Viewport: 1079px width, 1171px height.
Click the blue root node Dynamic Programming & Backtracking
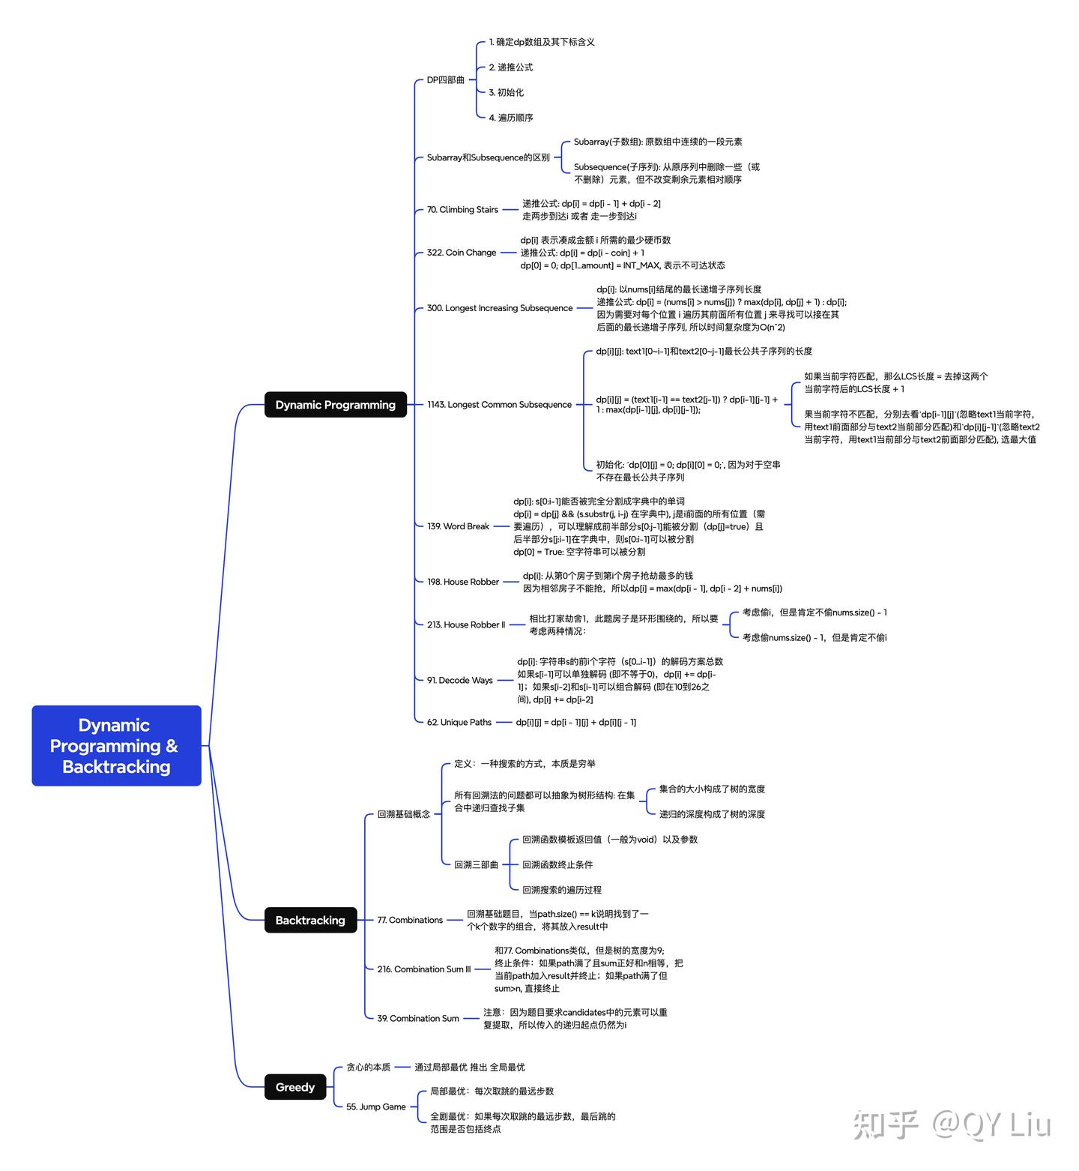coord(116,745)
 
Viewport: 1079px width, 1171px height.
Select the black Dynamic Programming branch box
coord(335,405)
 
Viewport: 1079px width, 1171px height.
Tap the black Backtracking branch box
coord(310,920)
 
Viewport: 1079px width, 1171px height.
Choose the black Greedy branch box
coord(295,1087)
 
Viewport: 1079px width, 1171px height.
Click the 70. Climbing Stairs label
coord(462,210)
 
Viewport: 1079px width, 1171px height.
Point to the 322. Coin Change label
coord(462,253)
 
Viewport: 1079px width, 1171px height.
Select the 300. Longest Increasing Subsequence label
coord(500,308)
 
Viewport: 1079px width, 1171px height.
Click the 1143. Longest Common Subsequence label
coord(499,405)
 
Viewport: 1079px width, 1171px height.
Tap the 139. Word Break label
coord(458,526)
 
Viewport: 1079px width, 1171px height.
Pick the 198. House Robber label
coord(463,582)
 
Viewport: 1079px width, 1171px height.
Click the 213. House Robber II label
coord(466,624)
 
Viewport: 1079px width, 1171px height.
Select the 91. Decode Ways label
coord(460,680)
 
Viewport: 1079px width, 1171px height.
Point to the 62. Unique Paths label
coord(459,722)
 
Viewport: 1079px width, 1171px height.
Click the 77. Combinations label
coord(410,920)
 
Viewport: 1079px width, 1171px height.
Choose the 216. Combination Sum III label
coord(424,969)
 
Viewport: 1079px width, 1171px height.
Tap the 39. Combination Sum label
coord(418,1018)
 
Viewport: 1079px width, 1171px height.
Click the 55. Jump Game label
coord(376,1107)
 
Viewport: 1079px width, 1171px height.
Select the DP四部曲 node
coord(446,80)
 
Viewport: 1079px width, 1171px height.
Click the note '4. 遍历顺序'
coord(511,118)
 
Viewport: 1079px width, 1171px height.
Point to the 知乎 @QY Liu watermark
coord(952,1125)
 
